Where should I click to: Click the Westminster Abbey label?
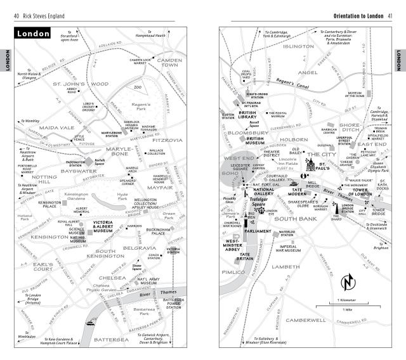(x=232, y=245)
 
